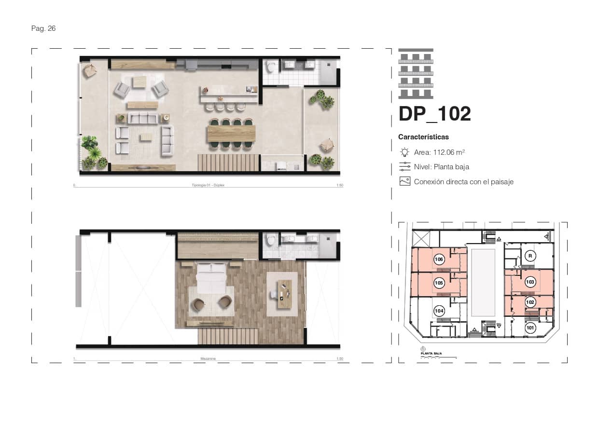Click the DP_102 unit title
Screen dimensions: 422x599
(x=434, y=114)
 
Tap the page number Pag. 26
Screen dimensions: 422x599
(x=43, y=28)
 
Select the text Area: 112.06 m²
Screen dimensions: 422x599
(x=439, y=152)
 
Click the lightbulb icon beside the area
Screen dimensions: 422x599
(x=404, y=152)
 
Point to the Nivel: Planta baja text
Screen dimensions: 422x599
(x=441, y=167)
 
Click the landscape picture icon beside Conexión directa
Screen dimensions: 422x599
(x=404, y=182)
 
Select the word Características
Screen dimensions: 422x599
(x=423, y=137)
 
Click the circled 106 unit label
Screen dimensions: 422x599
(x=439, y=259)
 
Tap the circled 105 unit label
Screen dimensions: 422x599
(x=439, y=283)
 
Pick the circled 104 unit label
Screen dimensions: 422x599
(x=439, y=311)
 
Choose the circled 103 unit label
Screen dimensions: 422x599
(x=530, y=282)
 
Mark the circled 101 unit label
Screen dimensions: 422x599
(x=530, y=328)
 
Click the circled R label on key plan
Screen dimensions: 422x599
(x=530, y=256)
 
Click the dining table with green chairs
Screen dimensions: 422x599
(x=231, y=133)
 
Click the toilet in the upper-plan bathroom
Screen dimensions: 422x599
(x=272, y=67)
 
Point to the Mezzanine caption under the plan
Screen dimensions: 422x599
(x=208, y=359)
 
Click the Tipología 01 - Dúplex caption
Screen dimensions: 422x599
(x=208, y=185)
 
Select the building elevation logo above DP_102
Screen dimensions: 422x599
(x=416, y=73)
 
